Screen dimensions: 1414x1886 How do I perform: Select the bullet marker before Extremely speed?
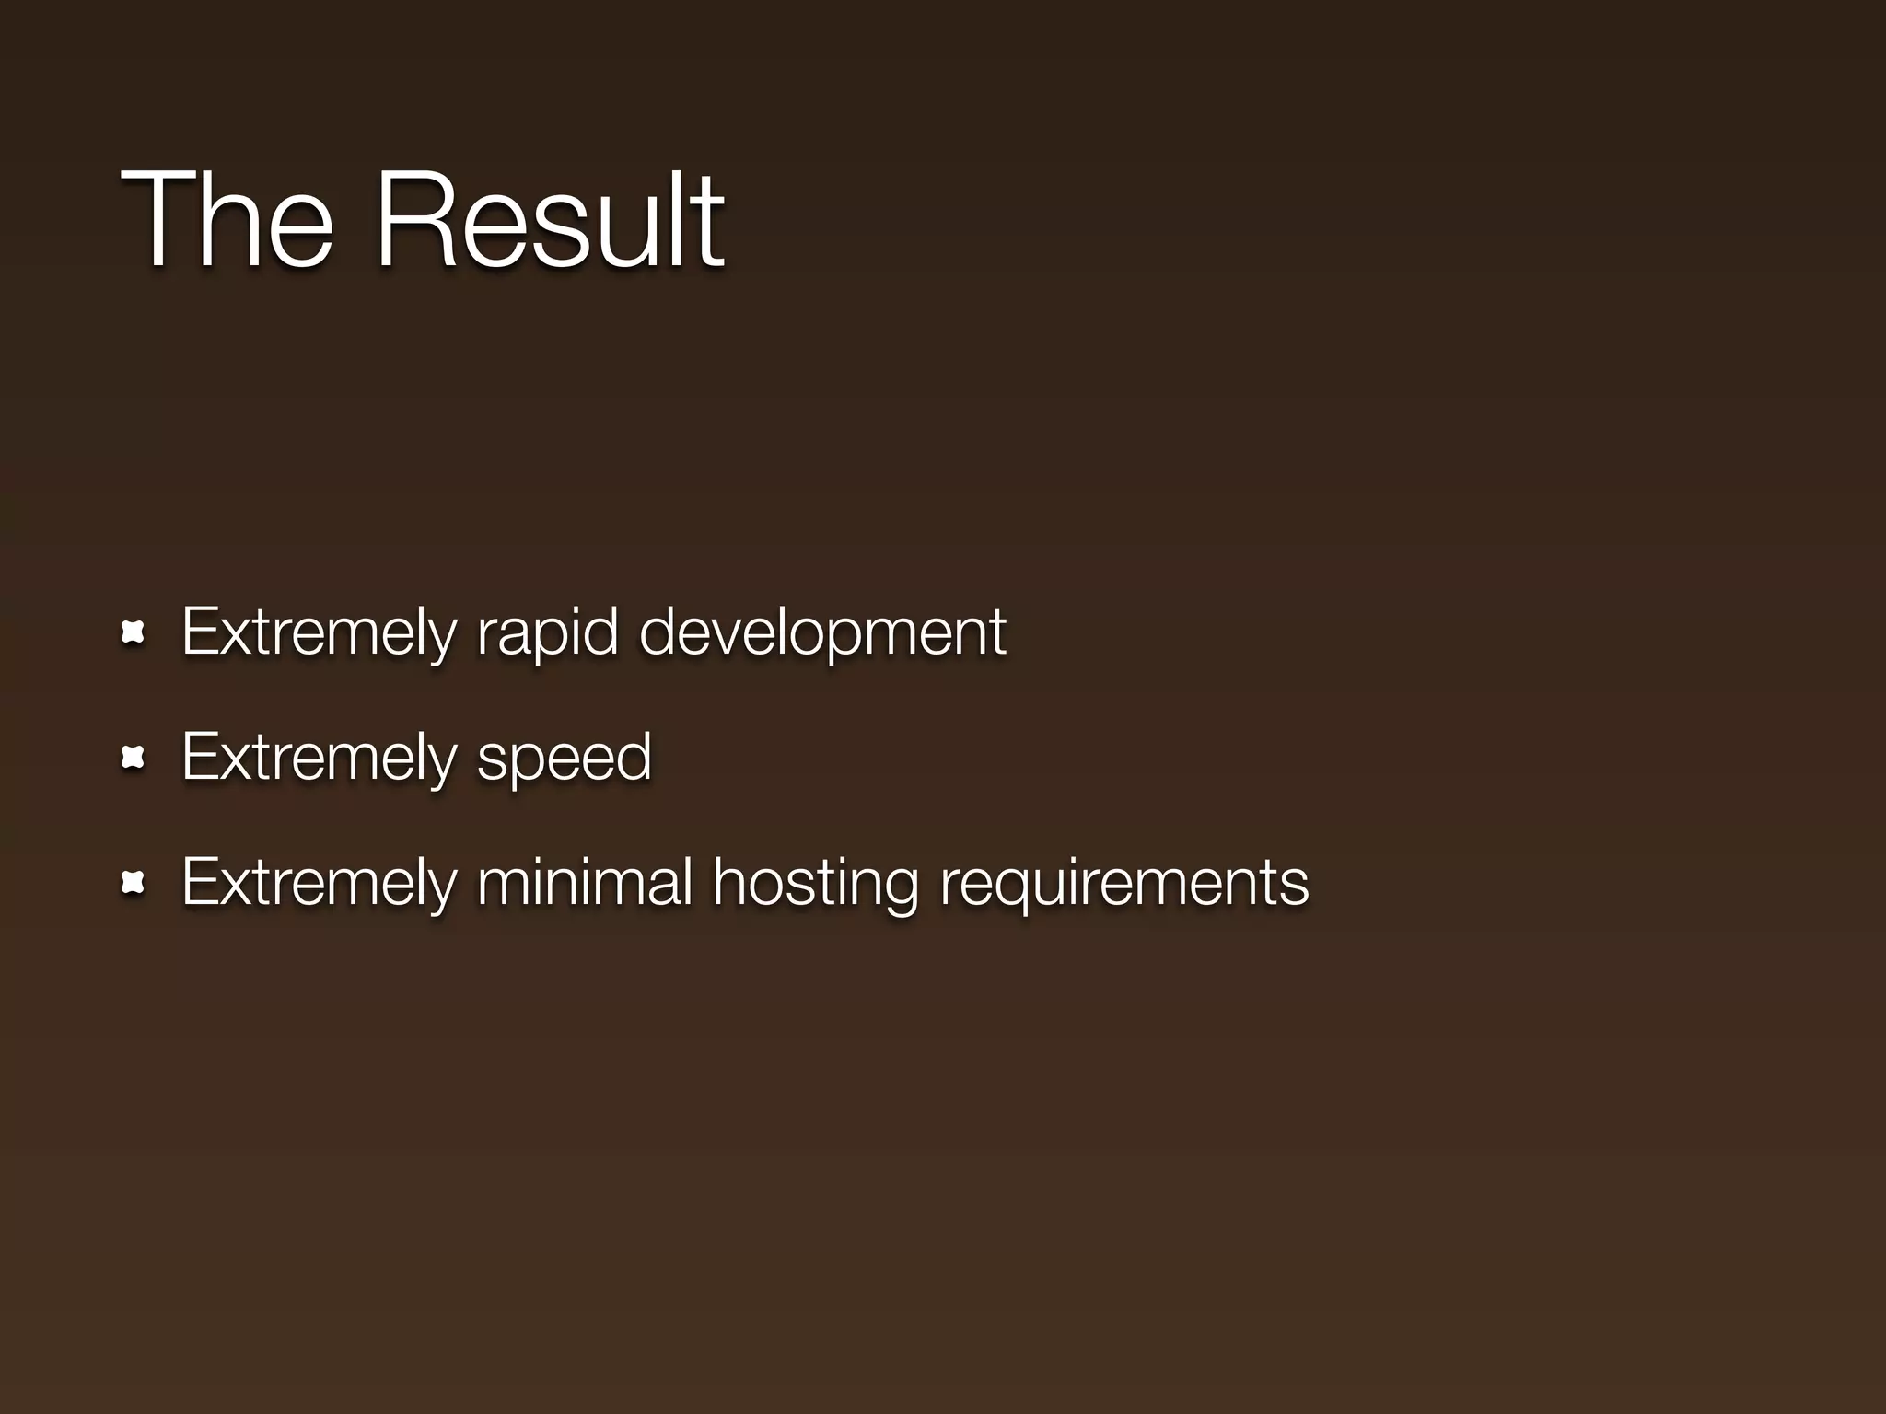point(134,758)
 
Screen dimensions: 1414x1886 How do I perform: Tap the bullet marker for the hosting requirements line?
point(134,884)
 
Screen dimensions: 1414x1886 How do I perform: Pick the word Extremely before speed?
point(319,758)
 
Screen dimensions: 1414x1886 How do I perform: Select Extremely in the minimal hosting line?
point(319,884)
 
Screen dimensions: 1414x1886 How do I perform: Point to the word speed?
point(564,758)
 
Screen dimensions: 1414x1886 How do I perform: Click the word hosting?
point(815,884)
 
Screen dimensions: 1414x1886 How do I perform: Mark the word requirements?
point(1123,884)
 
